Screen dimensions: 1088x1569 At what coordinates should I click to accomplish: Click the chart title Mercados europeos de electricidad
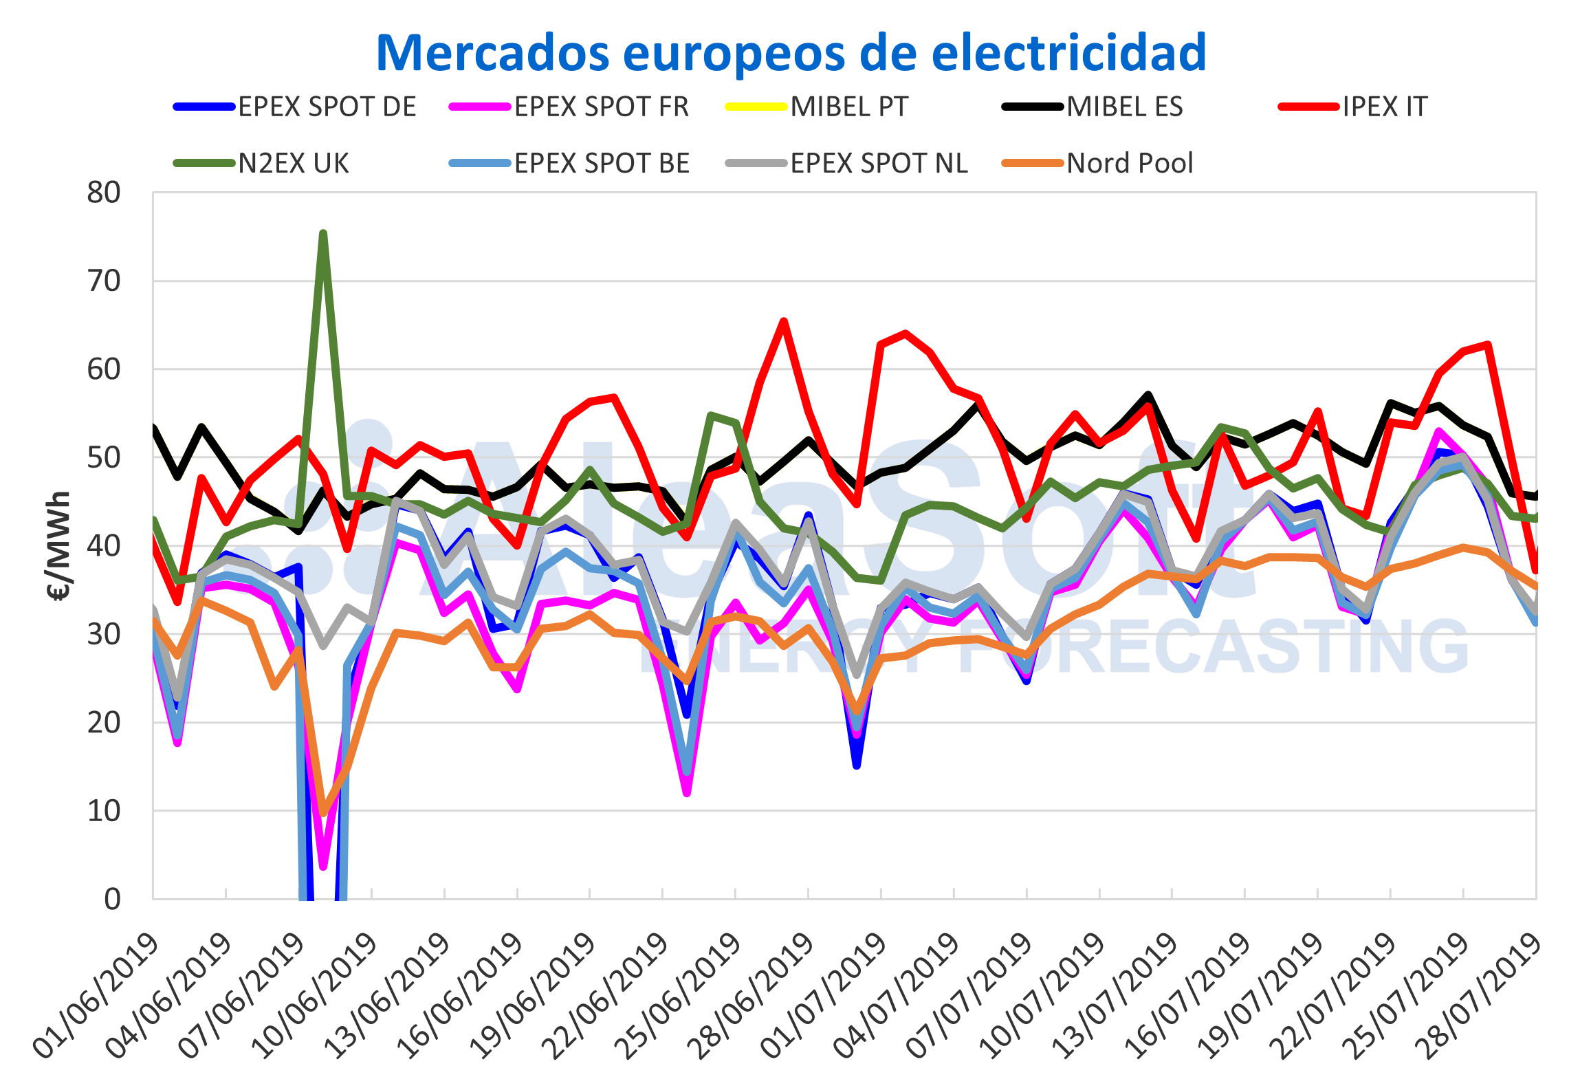(791, 52)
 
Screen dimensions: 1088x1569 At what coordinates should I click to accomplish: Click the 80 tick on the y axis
(104, 193)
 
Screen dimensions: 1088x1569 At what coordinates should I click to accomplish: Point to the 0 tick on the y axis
(112, 899)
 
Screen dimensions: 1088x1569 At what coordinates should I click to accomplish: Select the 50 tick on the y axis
(104, 458)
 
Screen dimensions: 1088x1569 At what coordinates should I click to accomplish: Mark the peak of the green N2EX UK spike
(323, 234)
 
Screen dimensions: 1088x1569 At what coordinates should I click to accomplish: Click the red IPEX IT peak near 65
(784, 321)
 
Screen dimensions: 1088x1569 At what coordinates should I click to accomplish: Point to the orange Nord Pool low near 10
(323, 813)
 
